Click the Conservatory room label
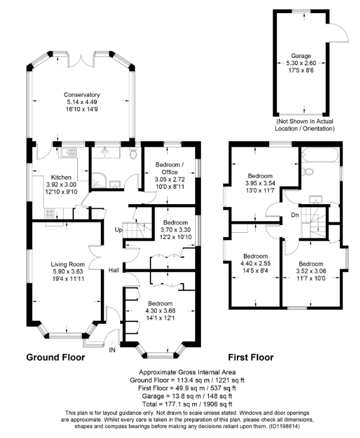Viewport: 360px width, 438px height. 82,94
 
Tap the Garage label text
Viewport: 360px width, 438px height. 301,56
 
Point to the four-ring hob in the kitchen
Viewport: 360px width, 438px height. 49,213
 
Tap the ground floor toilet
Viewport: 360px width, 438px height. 133,153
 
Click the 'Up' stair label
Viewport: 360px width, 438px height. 119,229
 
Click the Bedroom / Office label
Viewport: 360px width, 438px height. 170,168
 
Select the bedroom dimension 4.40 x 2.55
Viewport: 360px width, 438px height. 255,264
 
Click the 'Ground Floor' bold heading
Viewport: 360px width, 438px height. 56,357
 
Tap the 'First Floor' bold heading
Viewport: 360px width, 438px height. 251,357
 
